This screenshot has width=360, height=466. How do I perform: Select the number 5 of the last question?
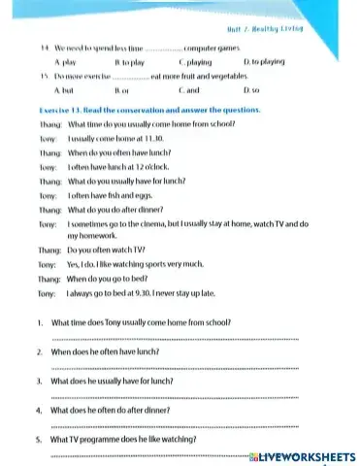coord(37,440)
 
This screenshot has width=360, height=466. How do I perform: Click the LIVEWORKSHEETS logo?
coord(305,456)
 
